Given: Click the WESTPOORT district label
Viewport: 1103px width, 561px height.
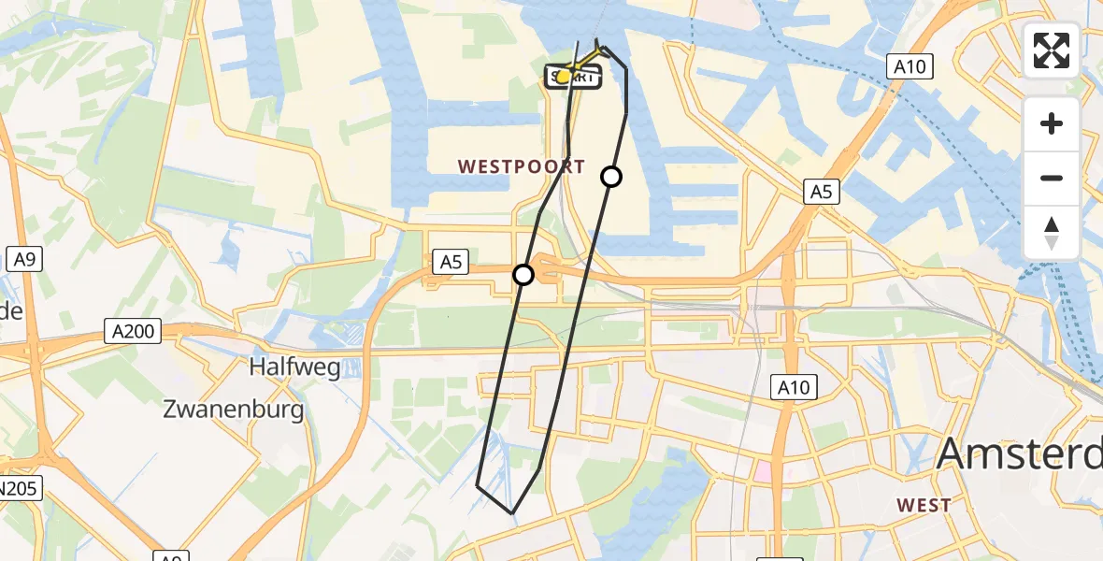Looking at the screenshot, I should pyautogui.click(x=522, y=167).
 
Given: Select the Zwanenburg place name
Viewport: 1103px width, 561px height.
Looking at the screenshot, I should pyautogui.click(x=234, y=410).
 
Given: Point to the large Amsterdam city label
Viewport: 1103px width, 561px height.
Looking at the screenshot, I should pyautogui.click(x=1019, y=454).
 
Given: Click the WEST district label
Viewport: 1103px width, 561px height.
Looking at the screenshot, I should pyautogui.click(x=924, y=506).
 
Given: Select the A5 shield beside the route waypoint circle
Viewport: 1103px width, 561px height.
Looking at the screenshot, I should pyautogui.click(x=451, y=264).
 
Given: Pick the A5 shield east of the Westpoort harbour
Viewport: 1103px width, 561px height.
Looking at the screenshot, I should pyautogui.click(x=821, y=193).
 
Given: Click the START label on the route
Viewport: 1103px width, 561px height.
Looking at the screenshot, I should pyautogui.click(x=573, y=78).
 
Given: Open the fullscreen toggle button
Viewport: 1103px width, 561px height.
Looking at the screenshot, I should pyautogui.click(x=1052, y=50).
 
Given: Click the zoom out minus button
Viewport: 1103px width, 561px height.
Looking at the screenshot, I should pyautogui.click(x=1052, y=178).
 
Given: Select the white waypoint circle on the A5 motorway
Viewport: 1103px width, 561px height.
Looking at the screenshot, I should pyautogui.click(x=523, y=275).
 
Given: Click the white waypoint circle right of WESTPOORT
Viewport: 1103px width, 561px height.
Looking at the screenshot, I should pyautogui.click(x=610, y=177).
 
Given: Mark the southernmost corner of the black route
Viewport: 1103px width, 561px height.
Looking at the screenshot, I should pyautogui.click(x=512, y=513).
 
